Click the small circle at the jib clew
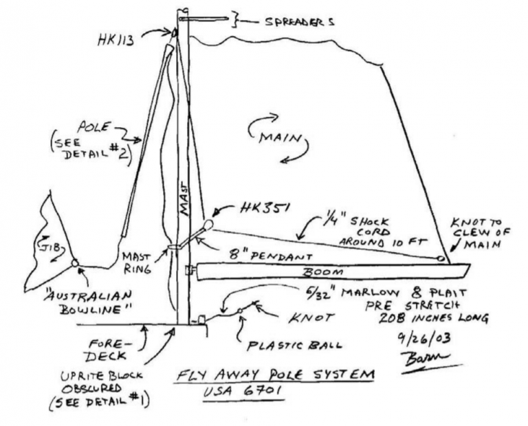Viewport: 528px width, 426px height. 74,262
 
